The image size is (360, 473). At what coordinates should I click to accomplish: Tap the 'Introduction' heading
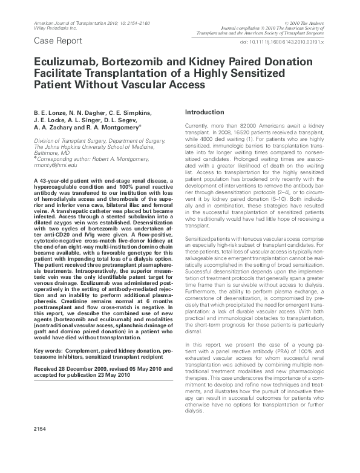(206, 113)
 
